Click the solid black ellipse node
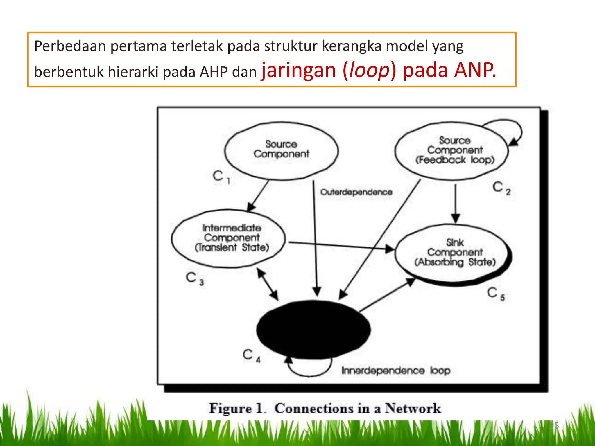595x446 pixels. pos(313,330)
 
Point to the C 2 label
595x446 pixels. pos(501,188)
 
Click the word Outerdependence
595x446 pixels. pos(356,192)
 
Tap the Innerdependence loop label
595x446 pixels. pos(396,371)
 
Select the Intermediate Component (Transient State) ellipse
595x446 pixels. pos(228,238)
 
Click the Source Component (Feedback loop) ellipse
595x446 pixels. pos(452,150)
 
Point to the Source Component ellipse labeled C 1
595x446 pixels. pos(281,150)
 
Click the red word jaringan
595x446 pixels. pos(299,71)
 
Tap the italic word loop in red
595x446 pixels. pos(369,71)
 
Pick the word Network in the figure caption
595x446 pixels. pos(413,409)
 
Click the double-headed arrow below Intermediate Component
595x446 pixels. pos(268,284)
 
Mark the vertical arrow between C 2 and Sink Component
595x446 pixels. pos(456,203)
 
